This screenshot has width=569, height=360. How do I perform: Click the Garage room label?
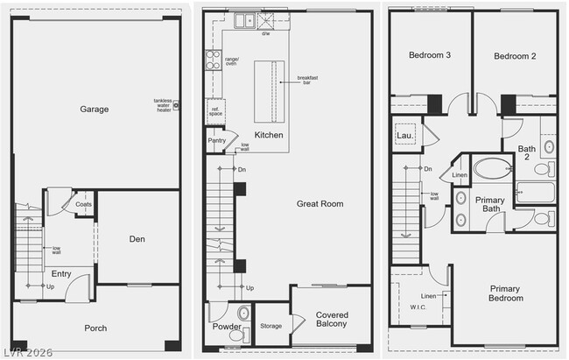[95, 109]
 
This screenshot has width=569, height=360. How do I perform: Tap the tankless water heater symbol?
[176, 105]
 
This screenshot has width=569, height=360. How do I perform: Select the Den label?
[137, 238]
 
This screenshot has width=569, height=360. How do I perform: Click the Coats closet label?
[84, 204]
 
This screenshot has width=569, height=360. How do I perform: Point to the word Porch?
[95, 328]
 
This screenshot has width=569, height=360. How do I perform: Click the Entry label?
[61, 274]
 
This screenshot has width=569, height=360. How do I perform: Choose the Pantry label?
[217, 140]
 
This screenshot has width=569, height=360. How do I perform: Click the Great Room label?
[320, 203]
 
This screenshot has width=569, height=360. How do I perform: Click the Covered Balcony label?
[331, 320]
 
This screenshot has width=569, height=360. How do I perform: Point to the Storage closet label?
[271, 326]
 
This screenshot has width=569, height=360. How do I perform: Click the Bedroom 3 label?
[430, 55]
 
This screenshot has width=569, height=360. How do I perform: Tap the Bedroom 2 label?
[515, 55]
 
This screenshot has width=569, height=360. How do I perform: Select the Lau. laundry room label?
[404, 136]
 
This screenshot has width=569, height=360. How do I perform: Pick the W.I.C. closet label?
[418, 307]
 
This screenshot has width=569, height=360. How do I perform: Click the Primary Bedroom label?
[505, 293]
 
